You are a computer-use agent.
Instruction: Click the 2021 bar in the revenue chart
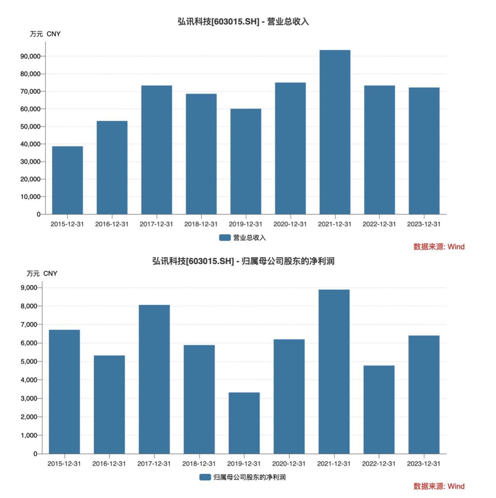pyautogui.click(x=335, y=132)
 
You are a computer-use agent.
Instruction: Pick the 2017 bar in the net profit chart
pyautogui.click(x=154, y=379)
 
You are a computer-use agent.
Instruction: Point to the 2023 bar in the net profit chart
pyautogui.click(x=424, y=394)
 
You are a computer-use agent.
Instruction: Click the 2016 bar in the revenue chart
pyautogui.click(x=112, y=167)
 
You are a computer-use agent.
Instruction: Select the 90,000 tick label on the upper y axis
pyautogui.click(x=30, y=56)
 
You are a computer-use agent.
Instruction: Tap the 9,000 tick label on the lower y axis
pyautogui.click(x=29, y=288)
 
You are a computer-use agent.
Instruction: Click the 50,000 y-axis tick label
pyautogui.click(x=30, y=127)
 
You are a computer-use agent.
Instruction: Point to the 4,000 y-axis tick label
pyautogui.click(x=29, y=380)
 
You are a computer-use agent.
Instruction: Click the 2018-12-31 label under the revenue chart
pyautogui.click(x=201, y=224)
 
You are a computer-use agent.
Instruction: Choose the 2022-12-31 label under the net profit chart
pyautogui.click(x=378, y=464)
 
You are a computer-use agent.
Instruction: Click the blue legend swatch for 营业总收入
pyautogui.click(x=225, y=238)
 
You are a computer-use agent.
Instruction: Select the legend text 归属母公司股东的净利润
pyautogui.click(x=249, y=477)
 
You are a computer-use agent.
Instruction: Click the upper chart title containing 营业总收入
pyautogui.click(x=243, y=22)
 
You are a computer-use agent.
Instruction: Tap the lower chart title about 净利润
pyautogui.click(x=243, y=261)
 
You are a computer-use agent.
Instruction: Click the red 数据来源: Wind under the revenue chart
pyautogui.click(x=439, y=247)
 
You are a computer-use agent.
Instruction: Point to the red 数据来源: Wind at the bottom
pyautogui.click(x=439, y=486)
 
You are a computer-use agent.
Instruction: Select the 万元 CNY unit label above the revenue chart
pyautogui.click(x=45, y=34)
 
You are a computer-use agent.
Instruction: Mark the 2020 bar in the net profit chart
pyautogui.click(x=289, y=396)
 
